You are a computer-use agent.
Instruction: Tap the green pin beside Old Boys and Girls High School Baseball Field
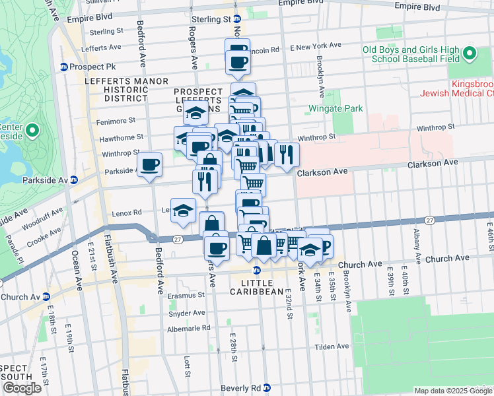click(470, 53)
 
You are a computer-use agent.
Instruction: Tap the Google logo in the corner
click(22, 387)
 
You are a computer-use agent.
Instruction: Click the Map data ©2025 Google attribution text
click(453, 391)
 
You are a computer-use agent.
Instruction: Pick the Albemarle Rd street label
click(188, 327)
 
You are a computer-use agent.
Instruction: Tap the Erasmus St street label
click(183, 296)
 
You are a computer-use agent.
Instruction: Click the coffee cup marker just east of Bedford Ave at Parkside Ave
click(150, 164)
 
